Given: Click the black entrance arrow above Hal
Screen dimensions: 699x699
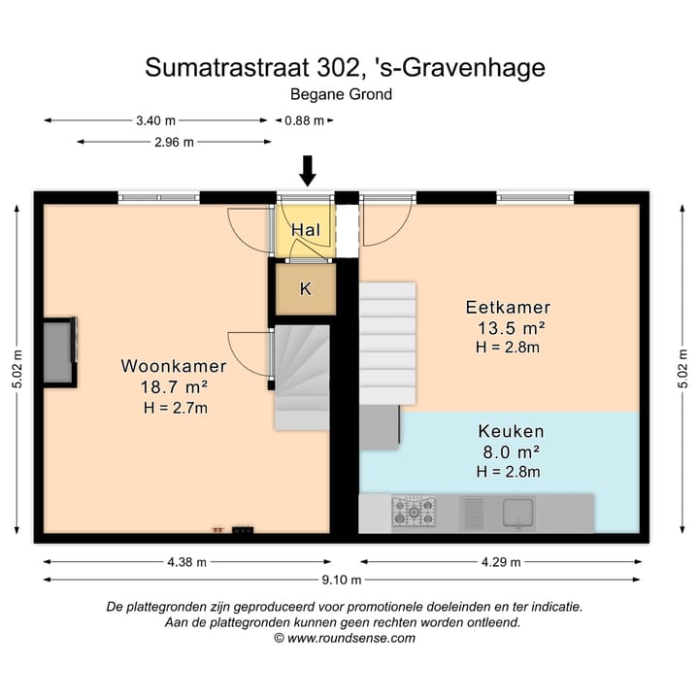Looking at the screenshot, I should point(308,170).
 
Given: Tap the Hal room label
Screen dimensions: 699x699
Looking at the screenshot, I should point(306,231).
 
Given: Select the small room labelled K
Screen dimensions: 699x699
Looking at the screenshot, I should point(305,288).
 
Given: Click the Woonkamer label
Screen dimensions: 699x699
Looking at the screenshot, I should point(174,366).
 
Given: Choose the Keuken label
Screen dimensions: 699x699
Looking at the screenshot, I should point(511,430).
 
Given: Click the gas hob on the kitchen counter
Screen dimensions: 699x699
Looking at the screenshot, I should point(413,512).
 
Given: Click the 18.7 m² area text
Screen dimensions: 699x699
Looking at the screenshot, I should point(174,386).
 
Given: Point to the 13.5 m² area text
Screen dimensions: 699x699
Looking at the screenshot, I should point(508,327).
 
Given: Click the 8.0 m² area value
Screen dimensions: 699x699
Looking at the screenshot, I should point(509,451).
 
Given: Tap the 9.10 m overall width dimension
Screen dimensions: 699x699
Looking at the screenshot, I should point(343,581).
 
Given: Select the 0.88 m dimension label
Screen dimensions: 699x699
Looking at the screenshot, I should point(302,120).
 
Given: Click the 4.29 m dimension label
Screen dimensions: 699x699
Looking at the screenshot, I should point(500,561).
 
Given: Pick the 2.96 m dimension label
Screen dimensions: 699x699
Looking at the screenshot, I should point(174,142).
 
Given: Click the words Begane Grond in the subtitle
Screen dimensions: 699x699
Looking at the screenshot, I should point(341,95).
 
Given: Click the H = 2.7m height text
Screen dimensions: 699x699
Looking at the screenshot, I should point(175,407).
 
